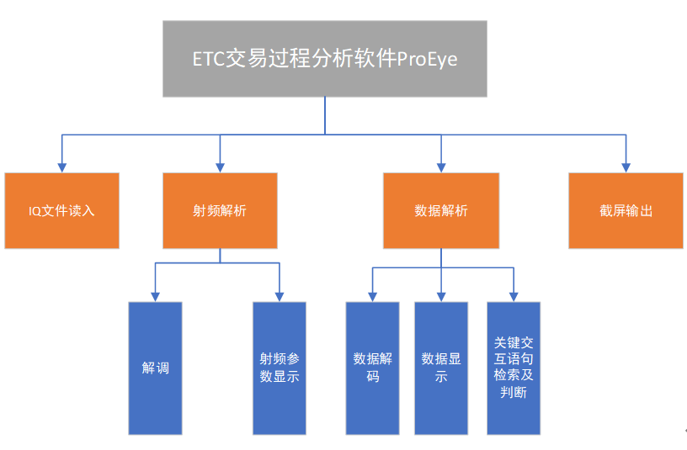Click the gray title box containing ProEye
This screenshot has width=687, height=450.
324,59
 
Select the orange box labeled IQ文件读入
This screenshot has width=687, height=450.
61,210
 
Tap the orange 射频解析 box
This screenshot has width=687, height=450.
220,210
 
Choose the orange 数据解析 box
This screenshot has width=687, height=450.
441,210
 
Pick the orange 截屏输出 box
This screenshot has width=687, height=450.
626,210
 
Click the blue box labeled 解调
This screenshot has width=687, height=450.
155,368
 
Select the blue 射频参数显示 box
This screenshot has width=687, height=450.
280,368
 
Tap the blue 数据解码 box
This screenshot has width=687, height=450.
372,368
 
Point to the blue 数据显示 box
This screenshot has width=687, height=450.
441,368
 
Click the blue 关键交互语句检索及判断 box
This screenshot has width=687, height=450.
514,368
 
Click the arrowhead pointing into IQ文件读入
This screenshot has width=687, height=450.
61,167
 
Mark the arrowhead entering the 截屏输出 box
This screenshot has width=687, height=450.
626,167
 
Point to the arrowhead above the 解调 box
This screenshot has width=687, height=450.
155,296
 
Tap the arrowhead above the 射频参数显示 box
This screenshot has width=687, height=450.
280,296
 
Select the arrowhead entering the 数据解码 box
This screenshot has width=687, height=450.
372,296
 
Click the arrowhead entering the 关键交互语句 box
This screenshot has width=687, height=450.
514,296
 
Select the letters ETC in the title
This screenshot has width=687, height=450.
208,60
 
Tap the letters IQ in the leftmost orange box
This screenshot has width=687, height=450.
35,210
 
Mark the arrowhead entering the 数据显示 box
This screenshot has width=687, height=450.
441,296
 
